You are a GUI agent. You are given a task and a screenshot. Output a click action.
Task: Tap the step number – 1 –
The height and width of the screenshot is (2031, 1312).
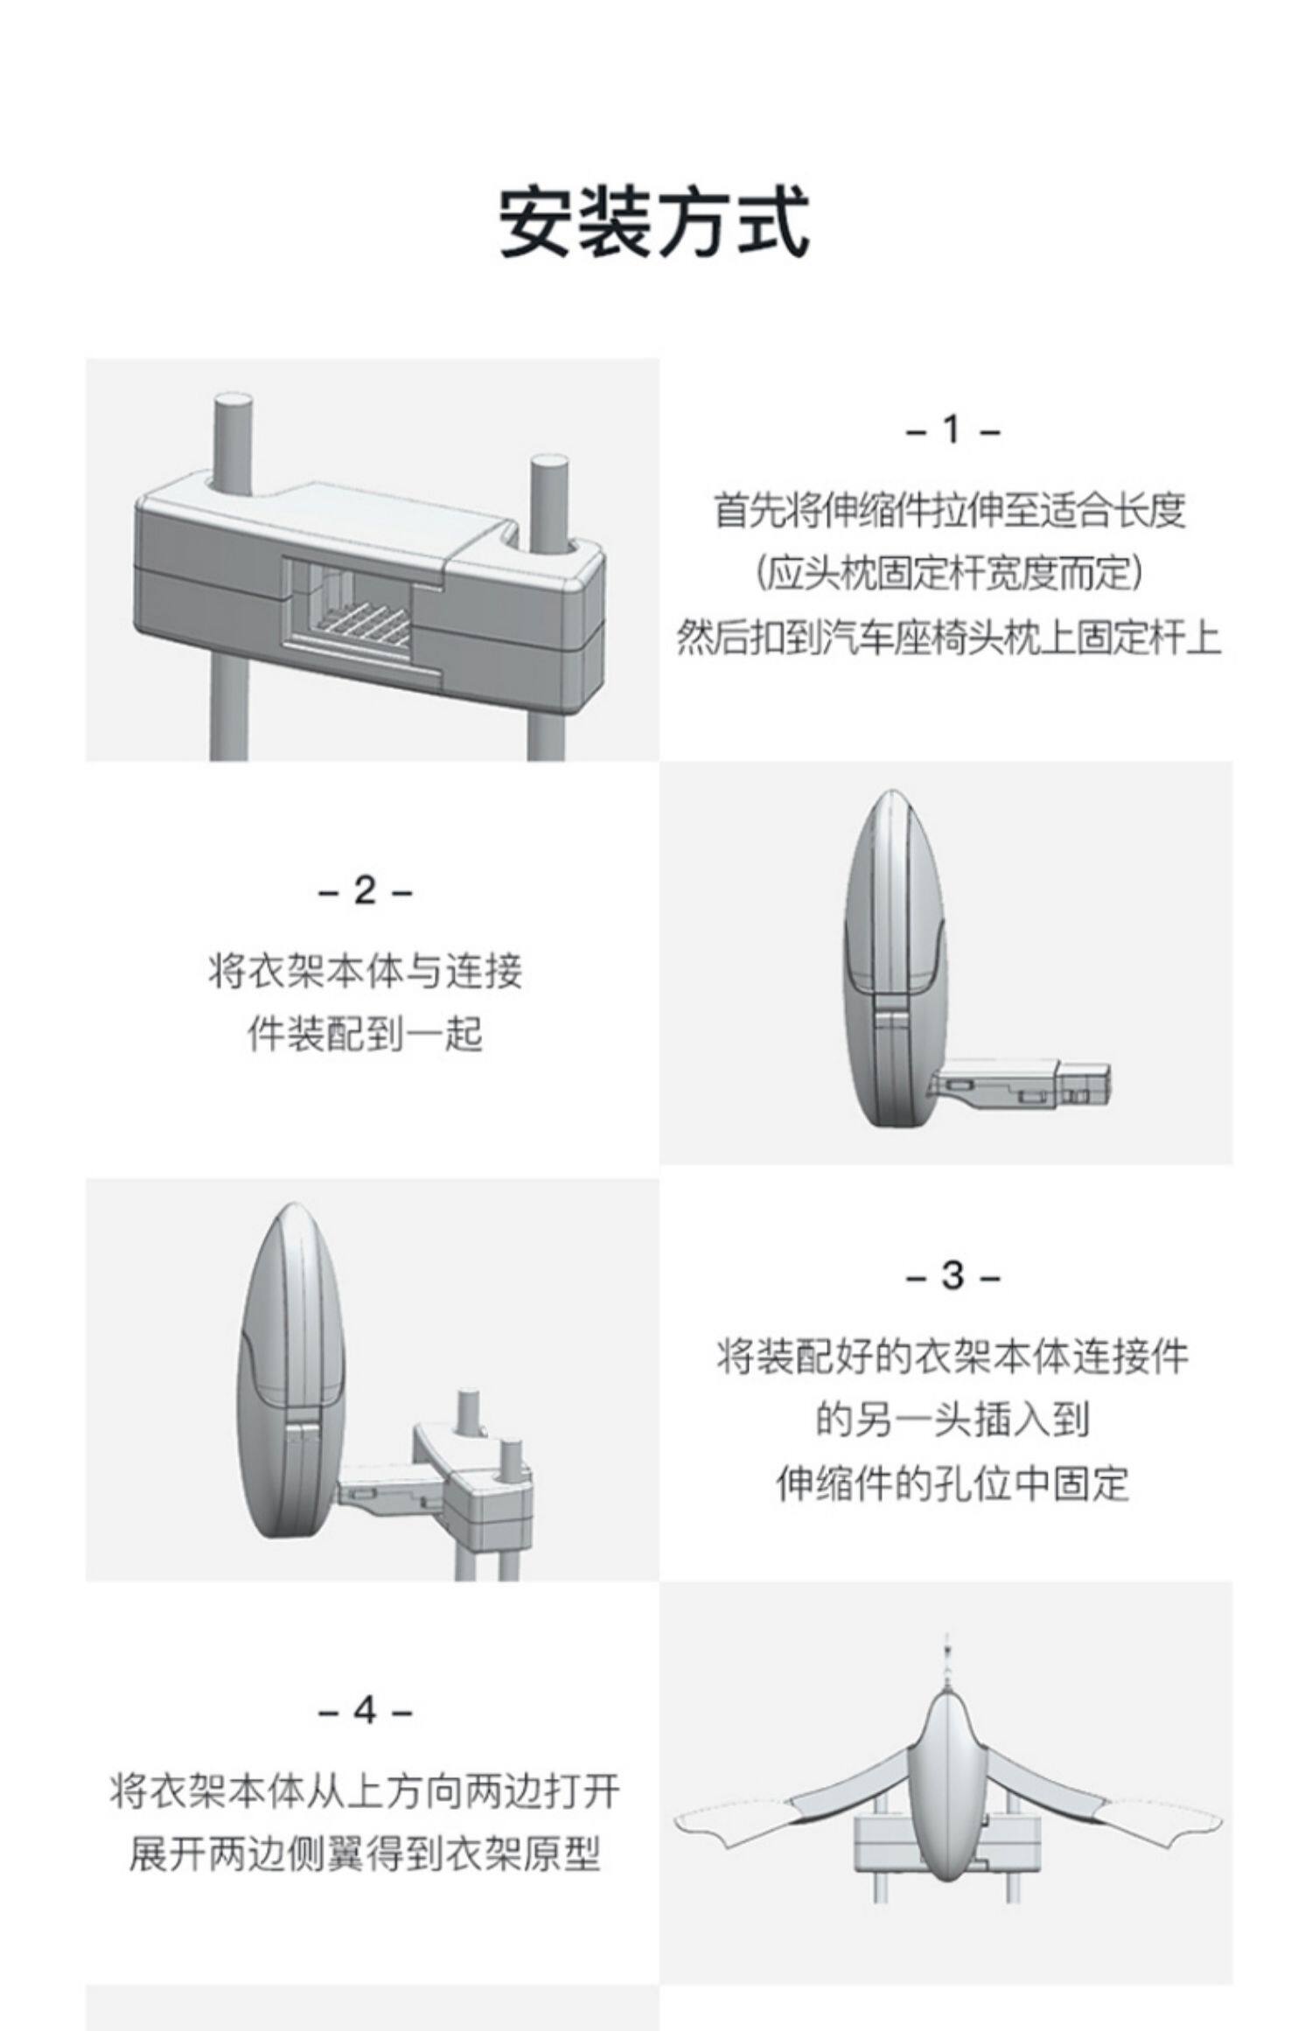[x=952, y=430]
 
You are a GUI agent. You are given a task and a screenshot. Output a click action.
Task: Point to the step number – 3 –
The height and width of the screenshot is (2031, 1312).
[x=952, y=1276]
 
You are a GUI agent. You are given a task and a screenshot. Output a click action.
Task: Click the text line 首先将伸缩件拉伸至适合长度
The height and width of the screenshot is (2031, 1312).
[x=950, y=510]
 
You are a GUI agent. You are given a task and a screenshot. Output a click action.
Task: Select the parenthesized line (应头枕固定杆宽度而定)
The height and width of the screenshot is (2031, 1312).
[x=950, y=574]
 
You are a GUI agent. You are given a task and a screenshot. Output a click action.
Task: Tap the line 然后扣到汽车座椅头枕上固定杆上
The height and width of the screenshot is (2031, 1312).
[x=950, y=638]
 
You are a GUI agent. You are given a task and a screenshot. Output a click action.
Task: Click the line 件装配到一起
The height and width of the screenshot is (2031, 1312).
[x=364, y=1035]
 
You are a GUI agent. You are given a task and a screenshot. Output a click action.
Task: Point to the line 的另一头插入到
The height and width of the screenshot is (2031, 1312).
[x=952, y=1419]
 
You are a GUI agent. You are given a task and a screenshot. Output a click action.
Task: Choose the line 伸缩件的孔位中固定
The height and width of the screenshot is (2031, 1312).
[x=952, y=1483]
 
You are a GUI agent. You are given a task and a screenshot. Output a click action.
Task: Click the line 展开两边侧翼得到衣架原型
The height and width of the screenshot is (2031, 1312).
[x=364, y=1852]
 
